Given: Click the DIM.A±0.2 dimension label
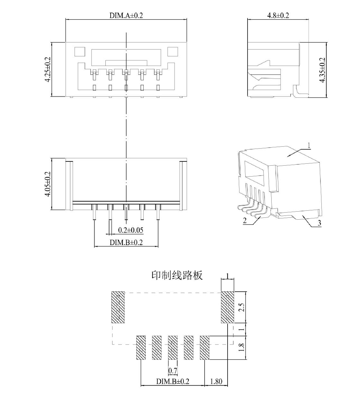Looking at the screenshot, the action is click(126, 15).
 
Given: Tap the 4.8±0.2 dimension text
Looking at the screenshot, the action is click(278, 15).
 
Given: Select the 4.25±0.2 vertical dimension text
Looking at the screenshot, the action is click(48, 69).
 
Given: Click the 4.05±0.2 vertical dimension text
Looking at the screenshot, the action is click(48, 184).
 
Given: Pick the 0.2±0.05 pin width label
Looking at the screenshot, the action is click(131, 230).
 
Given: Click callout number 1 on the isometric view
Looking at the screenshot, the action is click(309, 145).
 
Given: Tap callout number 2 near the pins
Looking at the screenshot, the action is click(245, 221).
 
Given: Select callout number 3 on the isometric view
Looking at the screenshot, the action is click(319, 223).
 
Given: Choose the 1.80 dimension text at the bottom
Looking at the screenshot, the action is click(216, 381).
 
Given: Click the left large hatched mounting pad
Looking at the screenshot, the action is click(118, 307).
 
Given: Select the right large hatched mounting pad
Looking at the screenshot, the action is click(228, 307).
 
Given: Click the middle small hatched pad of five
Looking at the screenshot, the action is click(173, 348).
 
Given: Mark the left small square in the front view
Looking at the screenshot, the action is click(80, 52).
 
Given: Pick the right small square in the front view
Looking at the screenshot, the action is click(173, 52).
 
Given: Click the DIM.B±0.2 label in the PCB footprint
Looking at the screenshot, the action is click(173, 381).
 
